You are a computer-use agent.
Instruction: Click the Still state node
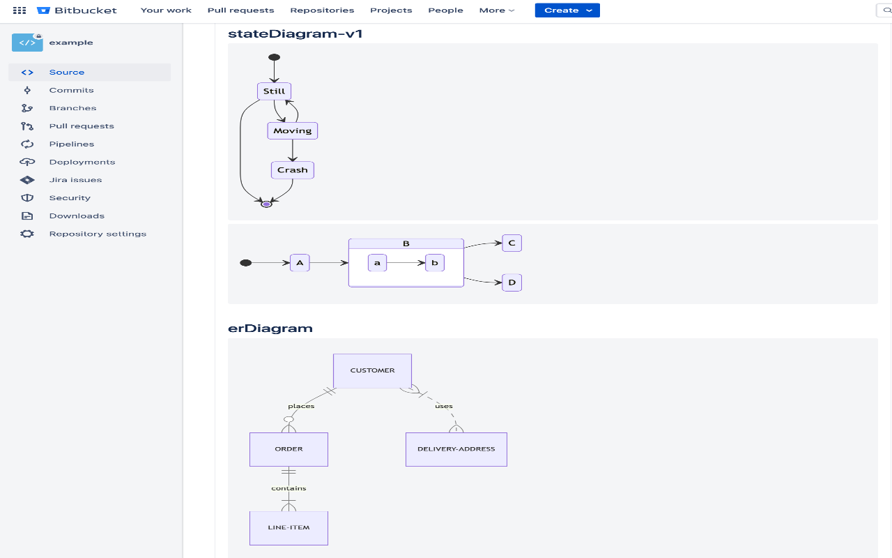click(274, 91)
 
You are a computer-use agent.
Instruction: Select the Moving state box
click(293, 130)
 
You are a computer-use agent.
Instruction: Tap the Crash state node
click(293, 169)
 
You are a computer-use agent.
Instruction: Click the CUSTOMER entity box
click(372, 370)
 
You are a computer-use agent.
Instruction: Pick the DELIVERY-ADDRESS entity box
click(456, 449)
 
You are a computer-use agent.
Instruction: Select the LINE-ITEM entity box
click(289, 528)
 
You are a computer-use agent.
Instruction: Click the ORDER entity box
click(289, 449)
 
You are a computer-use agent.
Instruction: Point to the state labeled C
click(512, 243)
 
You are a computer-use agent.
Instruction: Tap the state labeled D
click(512, 282)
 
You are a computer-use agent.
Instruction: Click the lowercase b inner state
click(434, 263)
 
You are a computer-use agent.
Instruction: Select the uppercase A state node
click(300, 263)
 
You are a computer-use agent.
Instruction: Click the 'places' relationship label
click(301, 406)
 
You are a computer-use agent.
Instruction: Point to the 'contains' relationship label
click(289, 488)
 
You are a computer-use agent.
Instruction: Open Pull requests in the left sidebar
click(82, 126)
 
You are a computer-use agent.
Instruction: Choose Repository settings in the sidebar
click(98, 234)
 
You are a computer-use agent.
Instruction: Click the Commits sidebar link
click(71, 90)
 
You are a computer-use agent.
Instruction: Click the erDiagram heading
click(270, 329)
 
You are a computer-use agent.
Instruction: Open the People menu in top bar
click(445, 10)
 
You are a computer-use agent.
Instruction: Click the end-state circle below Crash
click(266, 204)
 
